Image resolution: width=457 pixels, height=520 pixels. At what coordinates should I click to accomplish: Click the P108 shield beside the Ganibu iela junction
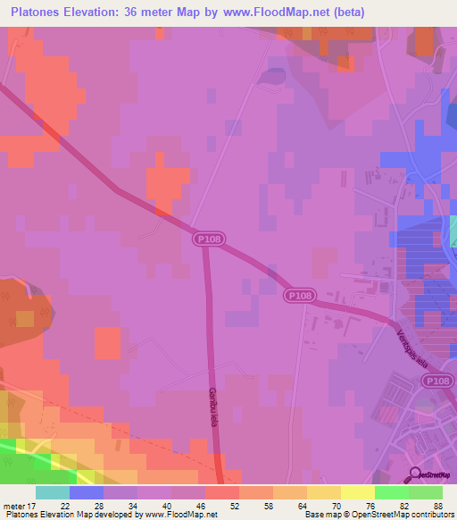(x=206, y=239)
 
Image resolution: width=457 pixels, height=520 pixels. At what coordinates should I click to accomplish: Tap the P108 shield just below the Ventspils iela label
(x=436, y=382)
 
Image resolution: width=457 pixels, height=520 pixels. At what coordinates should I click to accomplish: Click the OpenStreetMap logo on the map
(x=433, y=474)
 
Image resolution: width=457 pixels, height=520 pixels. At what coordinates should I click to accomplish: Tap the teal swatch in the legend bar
(x=53, y=492)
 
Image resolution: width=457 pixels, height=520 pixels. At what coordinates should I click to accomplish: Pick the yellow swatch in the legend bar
(x=357, y=492)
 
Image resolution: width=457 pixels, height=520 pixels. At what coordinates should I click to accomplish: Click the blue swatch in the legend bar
(x=87, y=492)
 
